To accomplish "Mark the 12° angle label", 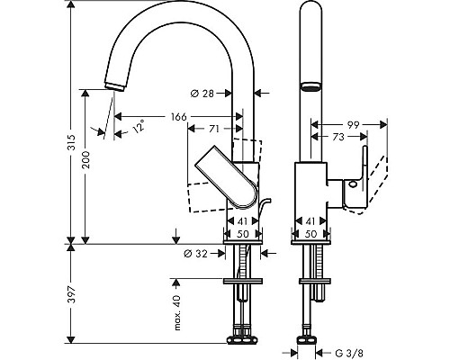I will tap(138, 129).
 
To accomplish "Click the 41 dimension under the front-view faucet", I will tap(241, 220).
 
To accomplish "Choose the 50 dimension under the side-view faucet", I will tap(310, 232).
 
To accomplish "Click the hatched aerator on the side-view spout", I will tap(310, 87).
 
